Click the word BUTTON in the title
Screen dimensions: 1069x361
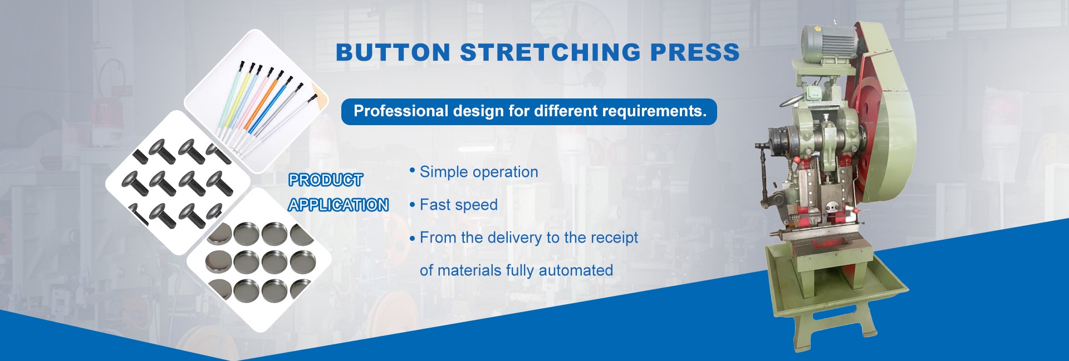coord(393,52)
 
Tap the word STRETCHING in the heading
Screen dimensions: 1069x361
coord(551,52)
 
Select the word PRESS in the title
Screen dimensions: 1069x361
coord(695,52)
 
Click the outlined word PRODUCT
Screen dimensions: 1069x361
coord(326,180)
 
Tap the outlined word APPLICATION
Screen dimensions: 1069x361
coord(339,205)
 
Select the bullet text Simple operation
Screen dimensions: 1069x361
coord(479,172)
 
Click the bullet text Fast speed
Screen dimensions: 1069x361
coord(459,205)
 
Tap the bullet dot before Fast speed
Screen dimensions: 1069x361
coord(413,205)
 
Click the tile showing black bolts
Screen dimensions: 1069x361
coord(178,182)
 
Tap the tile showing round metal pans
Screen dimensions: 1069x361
coord(259,260)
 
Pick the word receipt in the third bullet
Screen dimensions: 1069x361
coord(614,238)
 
